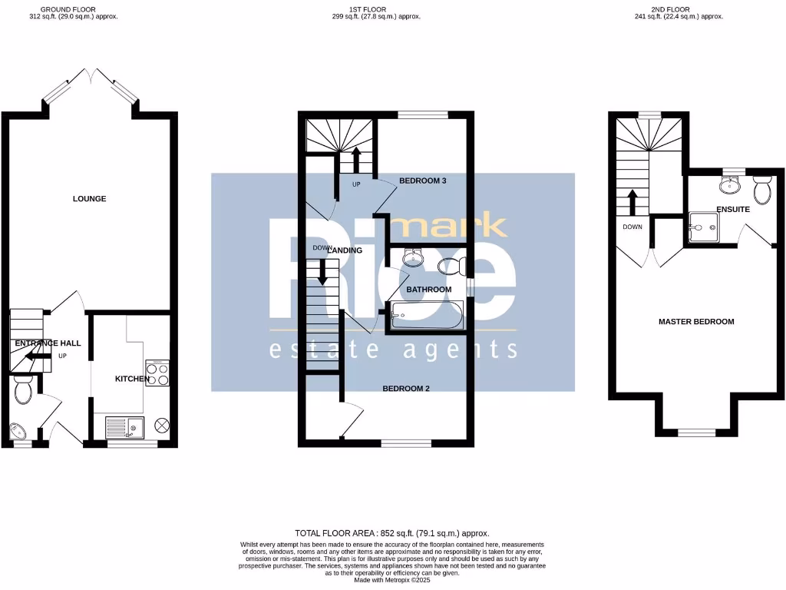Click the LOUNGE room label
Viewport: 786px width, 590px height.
[x=89, y=199]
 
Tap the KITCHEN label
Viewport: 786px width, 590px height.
[x=132, y=379]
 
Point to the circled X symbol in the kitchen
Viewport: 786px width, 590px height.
[x=161, y=425]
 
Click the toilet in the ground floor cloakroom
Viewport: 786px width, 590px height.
[x=22, y=390]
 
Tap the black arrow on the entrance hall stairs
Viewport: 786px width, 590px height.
[x=35, y=355]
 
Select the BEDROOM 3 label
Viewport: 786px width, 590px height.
[x=423, y=181]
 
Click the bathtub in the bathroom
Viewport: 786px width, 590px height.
[x=425, y=315]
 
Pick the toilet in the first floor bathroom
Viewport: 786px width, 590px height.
[x=451, y=267]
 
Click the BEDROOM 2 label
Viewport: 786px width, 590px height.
[x=406, y=389]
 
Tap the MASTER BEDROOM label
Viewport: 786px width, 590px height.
[x=696, y=322]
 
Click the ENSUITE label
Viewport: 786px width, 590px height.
[x=732, y=209]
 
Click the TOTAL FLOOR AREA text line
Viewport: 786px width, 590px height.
[x=392, y=533]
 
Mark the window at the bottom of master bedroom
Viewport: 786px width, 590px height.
[x=696, y=433]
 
